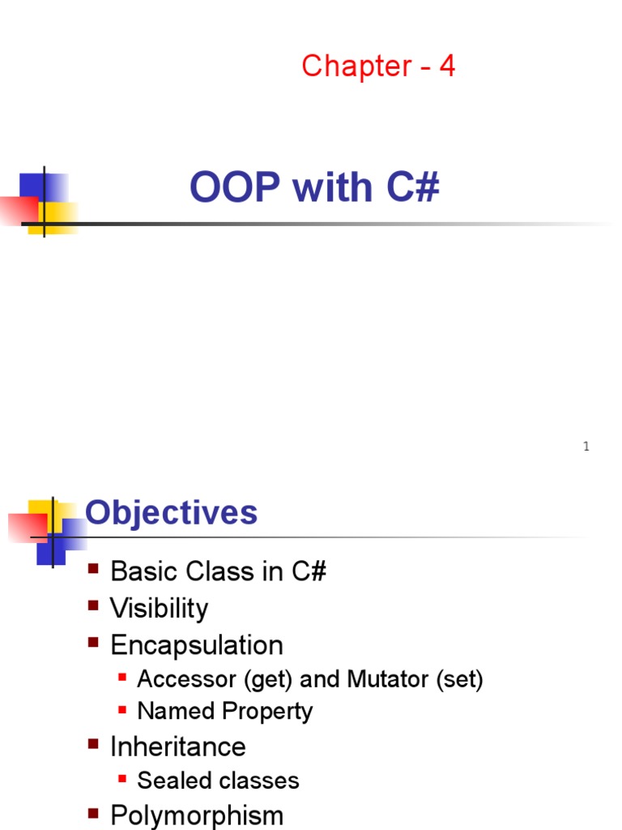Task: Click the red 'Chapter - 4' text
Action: [x=378, y=66]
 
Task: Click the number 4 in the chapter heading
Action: [x=447, y=66]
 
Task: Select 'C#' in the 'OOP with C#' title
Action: [x=412, y=188]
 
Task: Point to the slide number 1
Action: [x=586, y=447]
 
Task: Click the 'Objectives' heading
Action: [x=171, y=513]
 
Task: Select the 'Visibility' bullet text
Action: [x=159, y=608]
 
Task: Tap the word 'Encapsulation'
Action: [x=197, y=645]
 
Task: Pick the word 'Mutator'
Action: [x=388, y=679]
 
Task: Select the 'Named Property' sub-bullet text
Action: [x=224, y=712]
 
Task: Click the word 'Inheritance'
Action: [x=177, y=747]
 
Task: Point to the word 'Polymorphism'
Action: [x=197, y=815]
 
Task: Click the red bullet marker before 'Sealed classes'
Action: [x=122, y=779]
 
